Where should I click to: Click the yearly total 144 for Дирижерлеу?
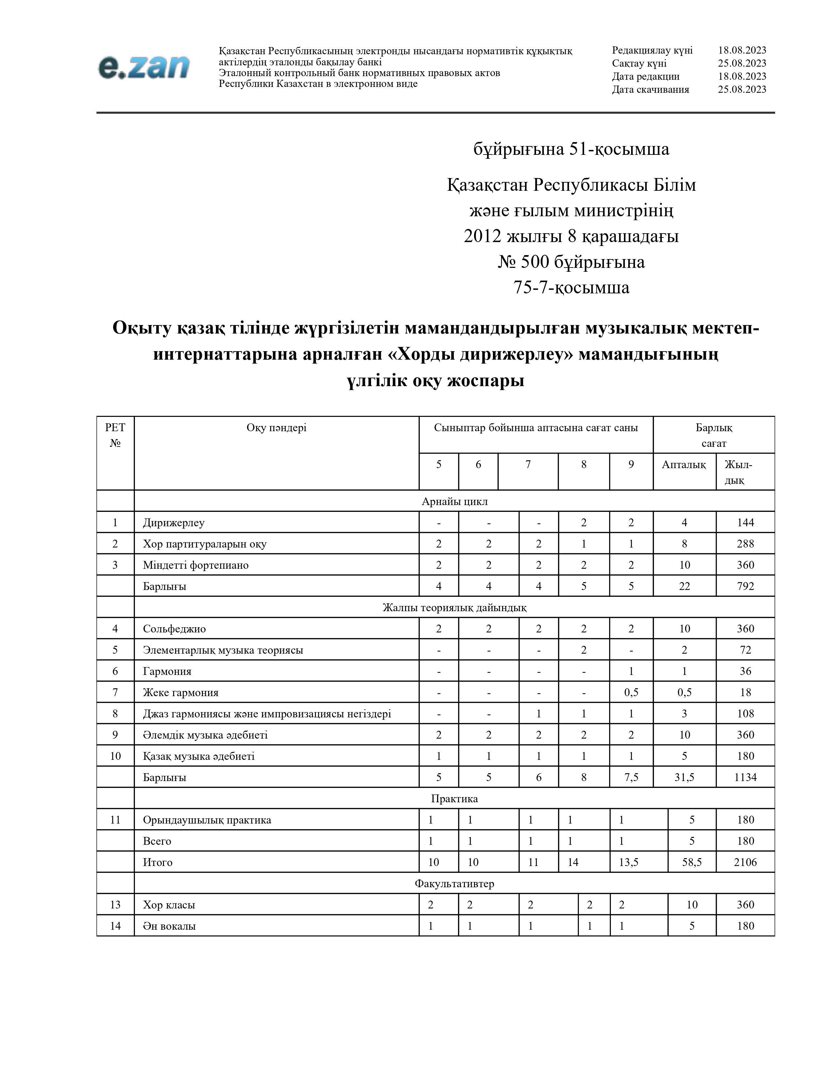pyautogui.click(x=745, y=522)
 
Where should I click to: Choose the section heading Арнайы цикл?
pyautogui.click(x=454, y=501)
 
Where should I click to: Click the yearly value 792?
pyautogui.click(x=745, y=586)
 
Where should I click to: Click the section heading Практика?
pyautogui.click(x=454, y=799)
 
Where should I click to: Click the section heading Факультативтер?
pyautogui.click(x=454, y=884)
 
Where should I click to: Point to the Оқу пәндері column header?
pyautogui.click(x=276, y=428)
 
